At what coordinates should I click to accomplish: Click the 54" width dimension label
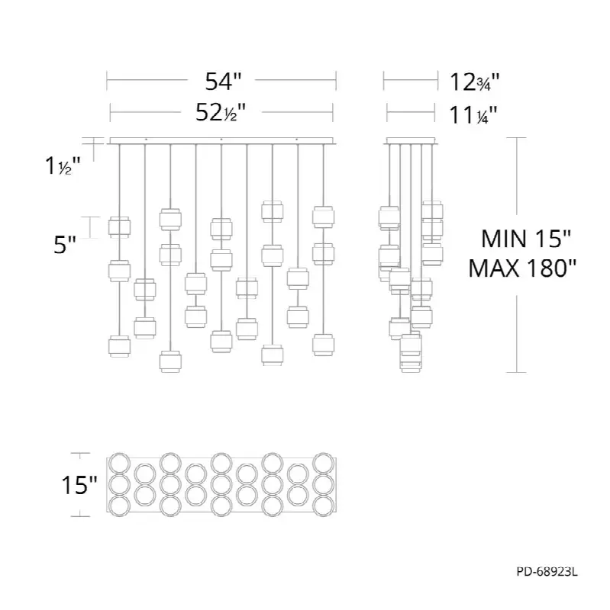point(223,82)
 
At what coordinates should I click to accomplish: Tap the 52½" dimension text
point(221,113)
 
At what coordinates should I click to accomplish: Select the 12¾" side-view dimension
point(474,82)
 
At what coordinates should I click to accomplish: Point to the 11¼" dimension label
point(473,115)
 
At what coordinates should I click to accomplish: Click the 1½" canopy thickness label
point(63,165)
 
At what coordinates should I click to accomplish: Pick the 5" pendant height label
point(65,245)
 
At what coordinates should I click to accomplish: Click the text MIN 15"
point(526,239)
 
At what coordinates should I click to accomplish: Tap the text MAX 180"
point(522,268)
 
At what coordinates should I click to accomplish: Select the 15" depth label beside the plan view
point(79,485)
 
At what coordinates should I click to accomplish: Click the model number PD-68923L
point(547,572)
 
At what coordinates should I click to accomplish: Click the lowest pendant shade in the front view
point(170,361)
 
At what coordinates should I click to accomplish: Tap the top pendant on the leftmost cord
point(119,227)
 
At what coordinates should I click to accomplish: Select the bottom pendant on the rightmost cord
point(323,345)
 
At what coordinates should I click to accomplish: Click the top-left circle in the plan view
point(120,463)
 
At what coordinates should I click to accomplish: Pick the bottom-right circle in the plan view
point(323,506)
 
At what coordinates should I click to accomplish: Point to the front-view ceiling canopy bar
point(221,141)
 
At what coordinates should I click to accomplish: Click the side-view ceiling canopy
point(411,141)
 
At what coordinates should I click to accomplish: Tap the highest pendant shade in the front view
point(273,211)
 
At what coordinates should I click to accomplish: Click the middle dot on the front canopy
point(221,140)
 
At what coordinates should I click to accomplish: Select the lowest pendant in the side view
point(411,361)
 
